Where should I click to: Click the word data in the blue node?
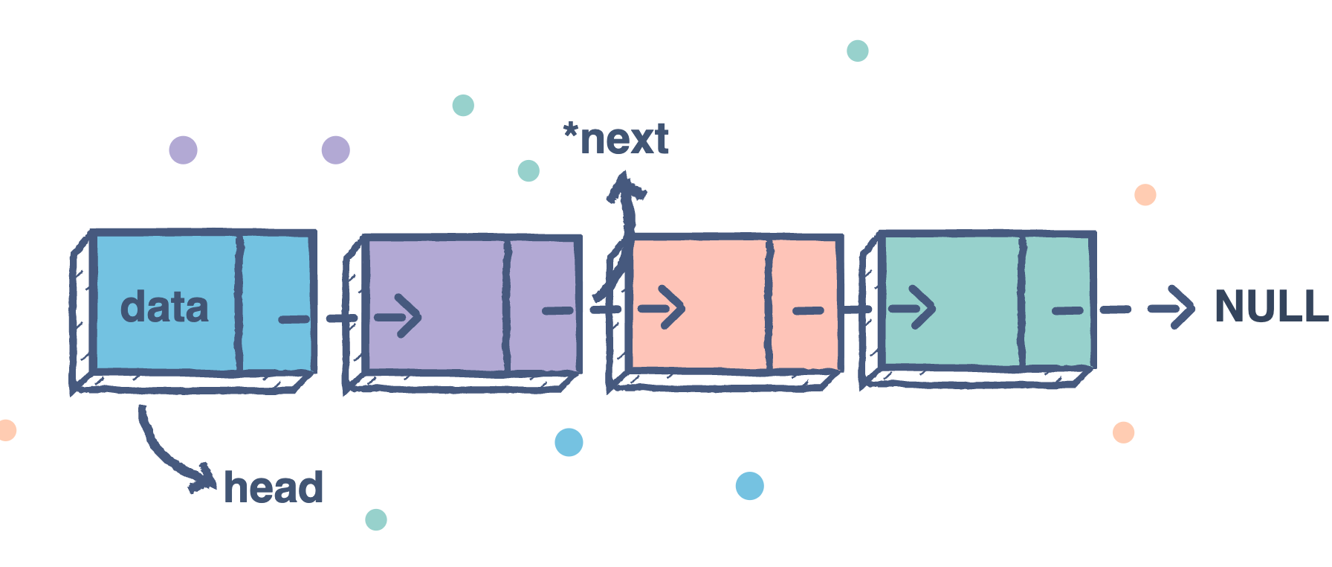pyautogui.click(x=164, y=307)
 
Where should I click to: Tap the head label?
pyautogui.click(x=274, y=488)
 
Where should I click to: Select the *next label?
pyautogui.click(x=616, y=139)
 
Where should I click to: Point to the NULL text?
pyautogui.click(x=1270, y=307)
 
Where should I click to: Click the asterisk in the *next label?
pyautogui.click(x=570, y=132)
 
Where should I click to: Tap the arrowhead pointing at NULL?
pyautogui.click(x=1177, y=307)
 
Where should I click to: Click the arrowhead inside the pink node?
pyautogui.click(x=670, y=308)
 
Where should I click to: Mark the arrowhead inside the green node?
pyautogui.click(x=922, y=307)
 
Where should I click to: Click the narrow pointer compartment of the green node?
pyautogui.click(x=1056, y=301)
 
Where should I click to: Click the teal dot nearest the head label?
pyautogui.click(x=376, y=519)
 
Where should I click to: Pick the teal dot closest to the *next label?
pyautogui.click(x=528, y=171)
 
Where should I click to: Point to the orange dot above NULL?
pyautogui.click(x=1145, y=195)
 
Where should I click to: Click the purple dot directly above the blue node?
pyautogui.click(x=183, y=150)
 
